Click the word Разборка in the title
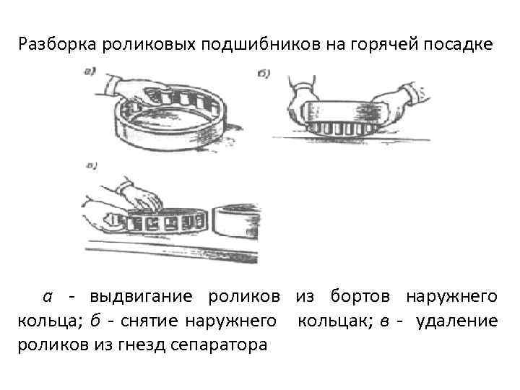[57, 45]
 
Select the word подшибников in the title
[261, 45]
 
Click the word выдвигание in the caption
[141, 297]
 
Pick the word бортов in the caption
[360, 295]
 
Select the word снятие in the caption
[149, 321]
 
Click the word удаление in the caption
[457, 321]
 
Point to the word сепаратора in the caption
[219, 346]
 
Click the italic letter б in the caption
[95, 321]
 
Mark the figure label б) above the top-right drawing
[264, 73]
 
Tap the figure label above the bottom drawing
[91, 165]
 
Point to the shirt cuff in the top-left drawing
[112, 84]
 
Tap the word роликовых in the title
[149, 45]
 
